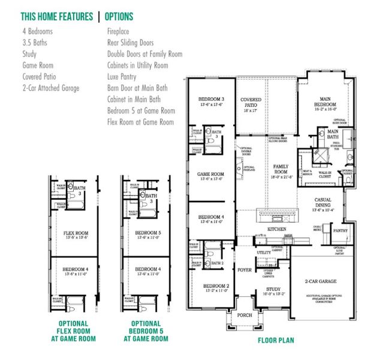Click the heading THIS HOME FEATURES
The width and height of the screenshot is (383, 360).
[x=56, y=17]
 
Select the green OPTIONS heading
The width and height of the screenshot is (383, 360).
[x=119, y=17]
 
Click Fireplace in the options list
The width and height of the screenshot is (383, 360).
[x=118, y=31]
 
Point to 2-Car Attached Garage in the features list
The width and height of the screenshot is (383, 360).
[x=51, y=88]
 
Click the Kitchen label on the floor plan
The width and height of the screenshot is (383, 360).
[x=276, y=230]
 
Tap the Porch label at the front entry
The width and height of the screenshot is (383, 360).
[x=244, y=315]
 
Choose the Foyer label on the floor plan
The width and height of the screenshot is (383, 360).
[x=245, y=270]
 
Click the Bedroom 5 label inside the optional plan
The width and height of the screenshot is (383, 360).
[x=146, y=232]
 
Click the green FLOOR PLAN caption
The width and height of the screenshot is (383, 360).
[x=276, y=340]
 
